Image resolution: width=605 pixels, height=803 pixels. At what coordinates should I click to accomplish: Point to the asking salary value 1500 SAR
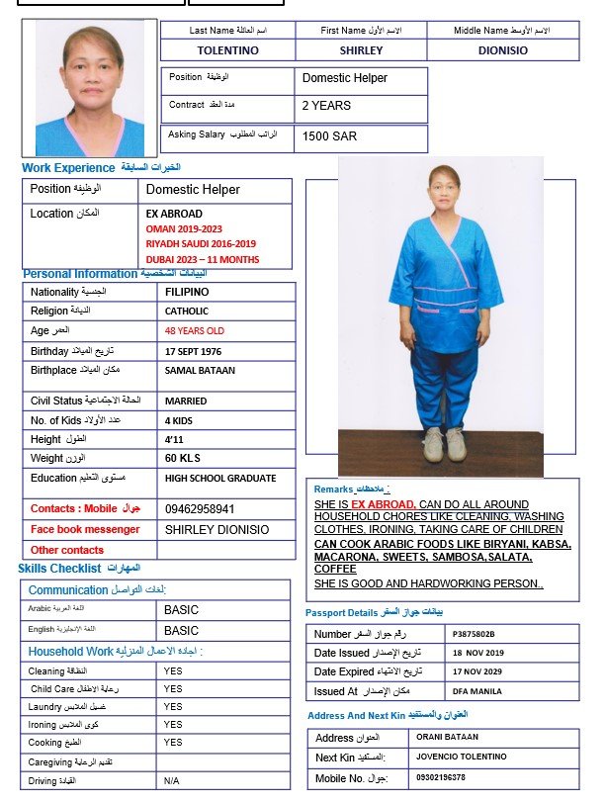pyautogui.click(x=330, y=136)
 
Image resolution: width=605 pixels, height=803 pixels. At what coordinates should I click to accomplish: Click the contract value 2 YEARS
pyautogui.click(x=325, y=105)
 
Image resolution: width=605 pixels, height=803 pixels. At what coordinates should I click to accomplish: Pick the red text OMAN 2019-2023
pyautogui.click(x=184, y=228)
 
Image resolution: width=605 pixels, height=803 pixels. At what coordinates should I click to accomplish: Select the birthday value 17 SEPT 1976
pyautogui.click(x=200, y=351)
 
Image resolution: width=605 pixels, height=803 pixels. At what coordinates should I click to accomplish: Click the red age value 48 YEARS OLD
pyautogui.click(x=195, y=331)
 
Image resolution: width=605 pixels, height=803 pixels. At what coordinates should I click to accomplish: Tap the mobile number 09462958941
pyautogui.click(x=200, y=509)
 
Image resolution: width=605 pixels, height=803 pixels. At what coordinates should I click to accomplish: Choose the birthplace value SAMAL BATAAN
pyautogui.click(x=198, y=371)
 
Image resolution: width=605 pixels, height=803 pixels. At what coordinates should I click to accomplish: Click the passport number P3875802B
pyautogui.click(x=474, y=634)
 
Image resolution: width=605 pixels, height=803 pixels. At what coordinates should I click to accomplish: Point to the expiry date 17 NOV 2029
pyautogui.click(x=478, y=672)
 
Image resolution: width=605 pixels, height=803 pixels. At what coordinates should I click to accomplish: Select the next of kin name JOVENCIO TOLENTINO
pyautogui.click(x=460, y=757)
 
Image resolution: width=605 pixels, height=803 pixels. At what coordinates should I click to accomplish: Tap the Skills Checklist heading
pyautogui.click(x=60, y=569)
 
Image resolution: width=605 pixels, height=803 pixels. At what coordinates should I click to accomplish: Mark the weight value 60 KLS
pyautogui.click(x=184, y=459)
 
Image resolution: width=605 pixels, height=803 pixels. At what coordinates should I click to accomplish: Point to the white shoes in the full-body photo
pyautogui.click(x=444, y=445)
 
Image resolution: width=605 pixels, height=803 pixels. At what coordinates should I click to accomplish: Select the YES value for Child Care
pyautogui.click(x=173, y=689)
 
